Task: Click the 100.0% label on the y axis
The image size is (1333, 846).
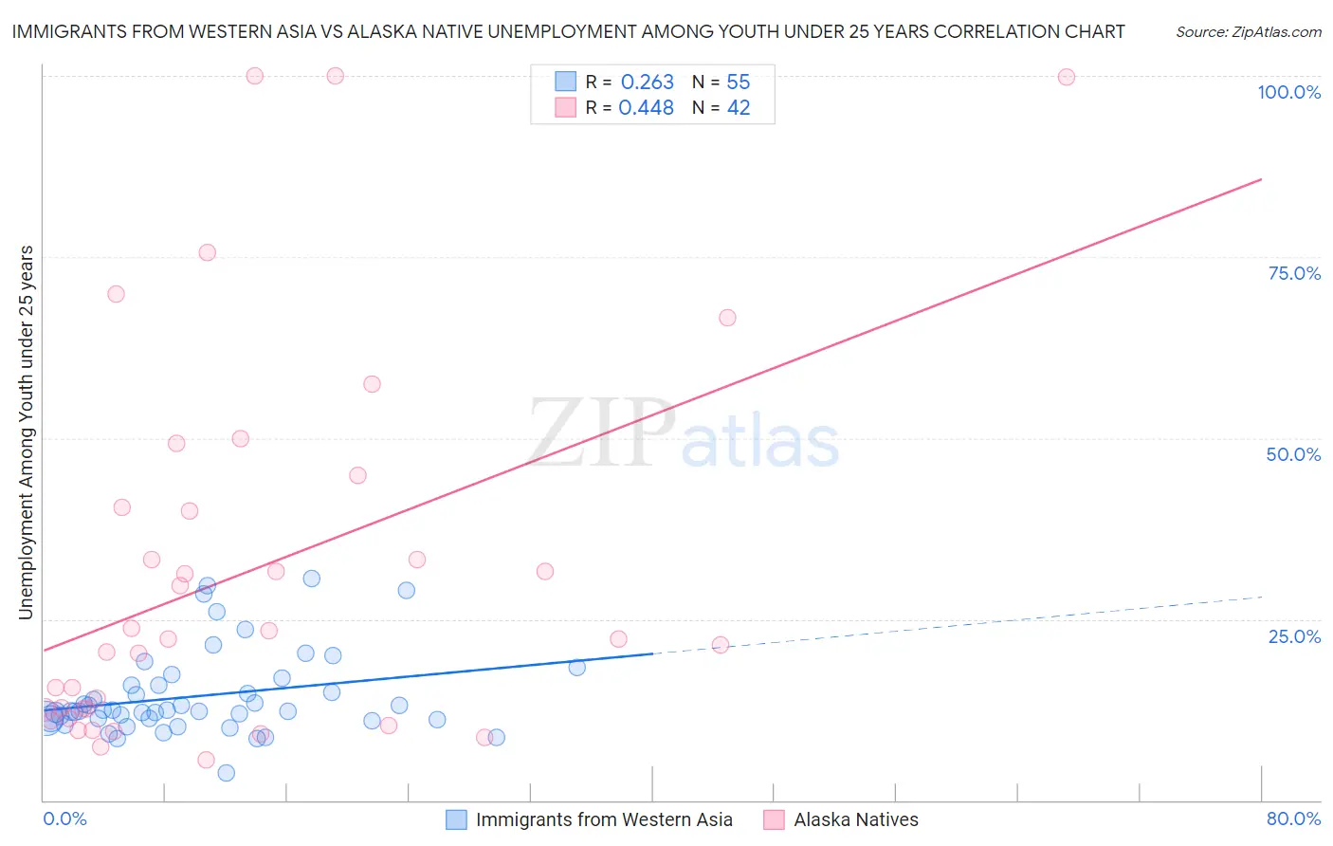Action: pos(1288,92)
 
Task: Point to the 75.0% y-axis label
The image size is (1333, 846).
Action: pos(1294,273)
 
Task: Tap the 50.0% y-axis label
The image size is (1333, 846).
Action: pos(1293,454)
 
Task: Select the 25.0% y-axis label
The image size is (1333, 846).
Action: pos(1294,635)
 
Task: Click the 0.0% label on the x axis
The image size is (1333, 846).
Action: pos(64,818)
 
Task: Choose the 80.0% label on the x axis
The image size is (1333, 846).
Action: pos(1293,818)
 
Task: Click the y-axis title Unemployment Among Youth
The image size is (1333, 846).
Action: pos(26,432)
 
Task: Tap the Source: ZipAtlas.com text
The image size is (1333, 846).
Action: pos(1248,32)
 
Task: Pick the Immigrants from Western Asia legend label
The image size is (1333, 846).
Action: pos(603,819)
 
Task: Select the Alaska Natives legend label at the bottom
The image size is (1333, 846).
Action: pos(855,819)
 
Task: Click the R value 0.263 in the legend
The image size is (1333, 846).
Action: pos(647,83)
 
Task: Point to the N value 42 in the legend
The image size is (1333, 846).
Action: pos(739,108)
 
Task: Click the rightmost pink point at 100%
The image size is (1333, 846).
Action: pos(1066,77)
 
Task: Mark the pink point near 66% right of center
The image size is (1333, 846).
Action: pos(727,318)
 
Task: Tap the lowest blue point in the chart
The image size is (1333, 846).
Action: pos(226,773)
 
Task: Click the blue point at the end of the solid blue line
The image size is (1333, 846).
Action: pos(576,667)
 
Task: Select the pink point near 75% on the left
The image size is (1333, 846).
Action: pos(207,252)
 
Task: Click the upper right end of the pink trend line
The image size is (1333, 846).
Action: pos(1261,179)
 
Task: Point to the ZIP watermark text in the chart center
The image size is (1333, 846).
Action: pos(601,433)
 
